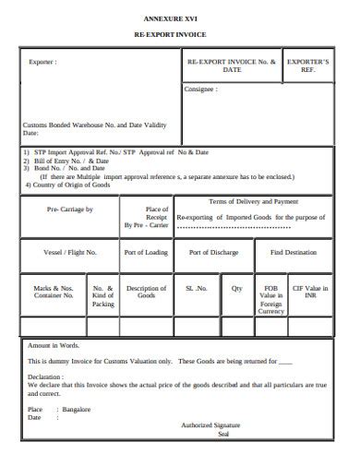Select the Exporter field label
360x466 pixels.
point(42,63)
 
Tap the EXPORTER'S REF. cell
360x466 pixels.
point(314,66)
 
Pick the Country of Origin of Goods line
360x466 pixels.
point(66,185)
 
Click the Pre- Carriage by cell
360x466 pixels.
point(70,210)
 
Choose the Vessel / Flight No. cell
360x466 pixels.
point(70,252)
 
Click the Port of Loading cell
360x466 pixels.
point(146,252)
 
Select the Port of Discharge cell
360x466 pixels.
point(213,252)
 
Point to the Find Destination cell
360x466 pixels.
point(294,252)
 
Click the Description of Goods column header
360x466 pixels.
point(146,293)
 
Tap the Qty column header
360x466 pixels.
point(237,288)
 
